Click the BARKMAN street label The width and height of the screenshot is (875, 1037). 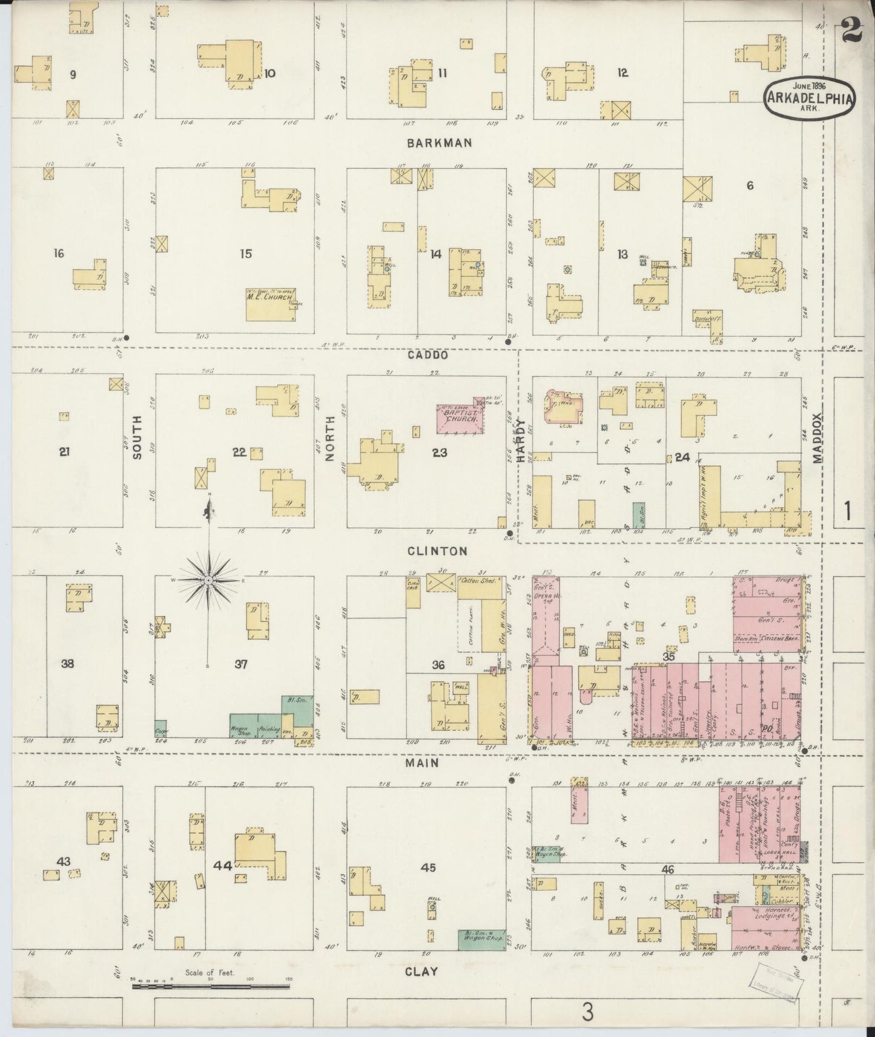[x=439, y=143]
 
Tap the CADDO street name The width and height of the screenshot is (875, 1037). [x=428, y=355]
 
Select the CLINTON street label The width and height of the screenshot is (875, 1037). [x=437, y=551]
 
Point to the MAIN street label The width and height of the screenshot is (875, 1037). [x=422, y=764]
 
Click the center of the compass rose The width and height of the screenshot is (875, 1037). [x=208, y=581]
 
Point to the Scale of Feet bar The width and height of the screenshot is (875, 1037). [x=211, y=986]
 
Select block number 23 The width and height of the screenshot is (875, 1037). [x=440, y=452]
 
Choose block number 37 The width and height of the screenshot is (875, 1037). [x=241, y=664]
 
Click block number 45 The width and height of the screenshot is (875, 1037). [x=428, y=868]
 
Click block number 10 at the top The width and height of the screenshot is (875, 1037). [x=269, y=74]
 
